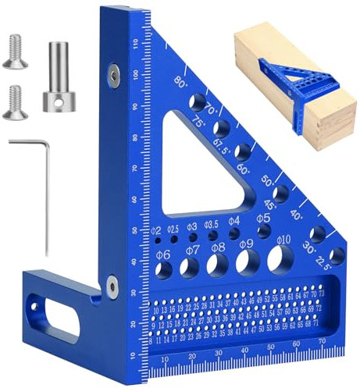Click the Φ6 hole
click(165, 270)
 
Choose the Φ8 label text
click(219, 247)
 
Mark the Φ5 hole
click(265, 231)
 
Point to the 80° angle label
click(182, 81)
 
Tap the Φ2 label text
click(155, 230)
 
